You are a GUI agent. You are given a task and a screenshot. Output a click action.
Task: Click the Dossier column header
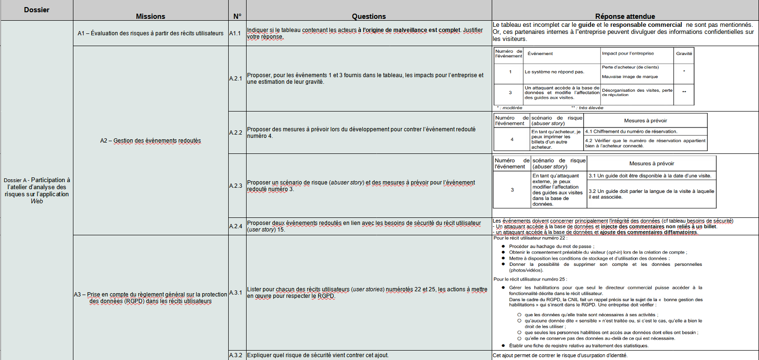pos(37,10)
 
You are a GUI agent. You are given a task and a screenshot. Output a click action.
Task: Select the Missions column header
pos(151,16)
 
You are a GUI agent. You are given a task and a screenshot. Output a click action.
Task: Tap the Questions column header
pos(368,16)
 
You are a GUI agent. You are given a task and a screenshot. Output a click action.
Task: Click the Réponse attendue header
pos(625,16)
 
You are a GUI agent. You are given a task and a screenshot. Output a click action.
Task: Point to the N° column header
pos(237,16)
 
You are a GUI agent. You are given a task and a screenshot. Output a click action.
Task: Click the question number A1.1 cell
pos(235,33)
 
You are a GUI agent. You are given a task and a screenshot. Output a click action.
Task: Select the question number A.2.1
pos(236,79)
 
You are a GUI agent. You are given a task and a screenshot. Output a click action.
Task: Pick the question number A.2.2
pos(236,133)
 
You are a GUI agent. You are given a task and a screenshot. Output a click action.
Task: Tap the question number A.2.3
pos(236,186)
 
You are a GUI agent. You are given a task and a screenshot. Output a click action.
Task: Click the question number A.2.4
pos(236,226)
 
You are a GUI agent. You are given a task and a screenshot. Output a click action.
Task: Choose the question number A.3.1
pos(236,293)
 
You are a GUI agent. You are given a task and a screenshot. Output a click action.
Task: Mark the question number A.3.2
pos(236,355)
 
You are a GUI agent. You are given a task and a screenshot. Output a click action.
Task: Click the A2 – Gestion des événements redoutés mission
pos(151,141)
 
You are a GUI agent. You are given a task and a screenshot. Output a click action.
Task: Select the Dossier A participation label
pos(37,190)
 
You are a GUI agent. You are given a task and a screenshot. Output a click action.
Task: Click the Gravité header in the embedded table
pos(684,54)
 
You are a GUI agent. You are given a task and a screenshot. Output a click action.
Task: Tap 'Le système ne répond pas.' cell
pos(554,72)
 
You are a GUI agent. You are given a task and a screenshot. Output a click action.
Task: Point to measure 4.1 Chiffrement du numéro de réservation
pos(631,131)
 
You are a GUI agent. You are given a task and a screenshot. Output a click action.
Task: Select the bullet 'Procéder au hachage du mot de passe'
pos(551,246)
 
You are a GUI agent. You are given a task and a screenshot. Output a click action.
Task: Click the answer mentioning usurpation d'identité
pos(560,355)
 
